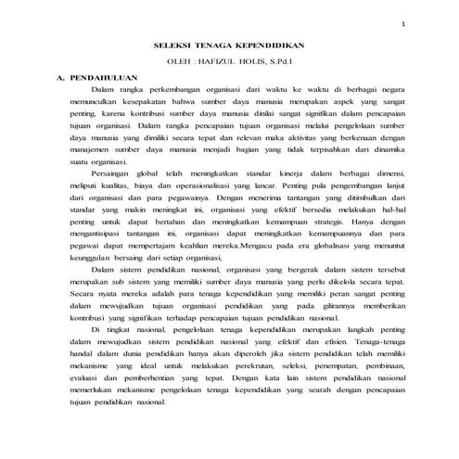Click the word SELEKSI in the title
172,44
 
